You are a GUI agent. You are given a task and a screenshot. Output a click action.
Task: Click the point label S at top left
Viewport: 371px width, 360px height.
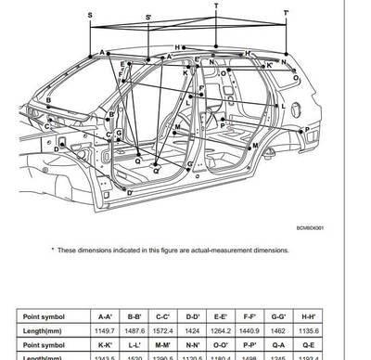[x=89, y=16]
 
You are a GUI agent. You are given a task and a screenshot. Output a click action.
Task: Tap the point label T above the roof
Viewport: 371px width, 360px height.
[x=216, y=6]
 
